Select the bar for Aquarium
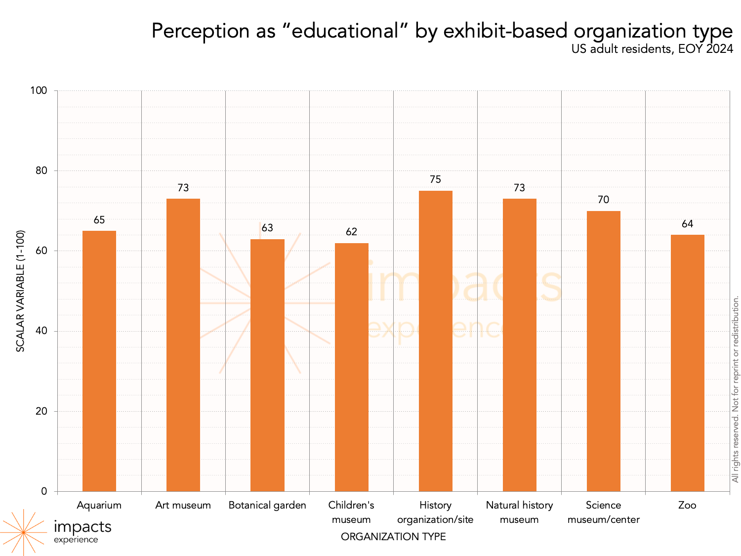click(x=99, y=361)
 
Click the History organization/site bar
click(x=435, y=341)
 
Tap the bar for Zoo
click(x=687, y=363)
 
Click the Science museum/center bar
click(x=603, y=351)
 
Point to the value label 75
click(x=435, y=179)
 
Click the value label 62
click(x=351, y=232)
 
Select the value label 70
click(x=603, y=200)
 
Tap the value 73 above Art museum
click(x=183, y=188)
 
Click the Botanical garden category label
click(x=267, y=505)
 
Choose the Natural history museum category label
click(x=519, y=512)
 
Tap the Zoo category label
click(x=687, y=505)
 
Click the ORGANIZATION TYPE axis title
click(x=393, y=537)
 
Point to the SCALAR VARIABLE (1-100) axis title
click(x=20, y=291)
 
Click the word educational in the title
click(x=345, y=31)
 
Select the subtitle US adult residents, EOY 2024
click(x=652, y=49)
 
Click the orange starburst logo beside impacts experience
click(x=23, y=532)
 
